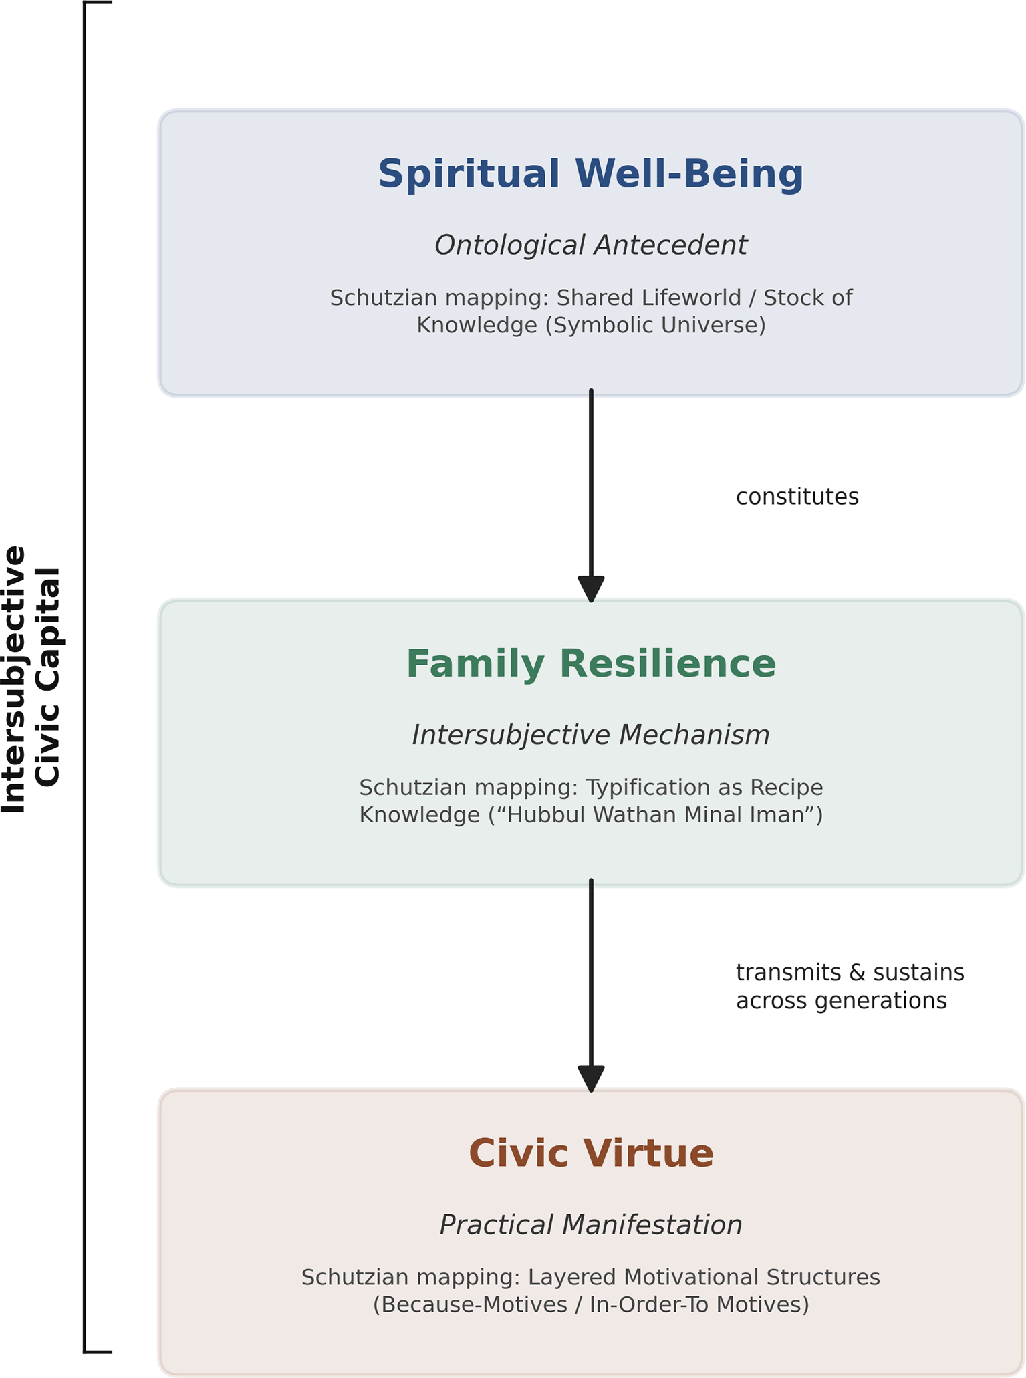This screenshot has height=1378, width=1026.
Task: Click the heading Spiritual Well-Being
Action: [x=591, y=175]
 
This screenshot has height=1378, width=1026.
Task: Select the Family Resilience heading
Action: [x=591, y=664]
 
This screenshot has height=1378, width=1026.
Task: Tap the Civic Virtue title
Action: [x=591, y=1153]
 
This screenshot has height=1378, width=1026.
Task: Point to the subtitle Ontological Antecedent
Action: [x=591, y=245]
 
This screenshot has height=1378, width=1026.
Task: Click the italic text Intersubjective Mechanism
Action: [x=591, y=735]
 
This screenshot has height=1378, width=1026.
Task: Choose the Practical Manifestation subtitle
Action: [x=591, y=1225]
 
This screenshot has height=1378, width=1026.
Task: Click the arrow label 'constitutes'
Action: [x=797, y=497]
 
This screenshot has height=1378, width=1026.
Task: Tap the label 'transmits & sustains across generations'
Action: [x=850, y=986]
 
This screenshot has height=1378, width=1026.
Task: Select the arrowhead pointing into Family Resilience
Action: [x=591, y=589]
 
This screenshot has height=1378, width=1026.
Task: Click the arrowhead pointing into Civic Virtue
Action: [x=591, y=1078]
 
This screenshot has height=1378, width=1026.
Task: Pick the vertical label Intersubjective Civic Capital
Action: [x=31, y=679]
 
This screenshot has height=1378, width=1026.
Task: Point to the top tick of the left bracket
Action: [x=98, y=3]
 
